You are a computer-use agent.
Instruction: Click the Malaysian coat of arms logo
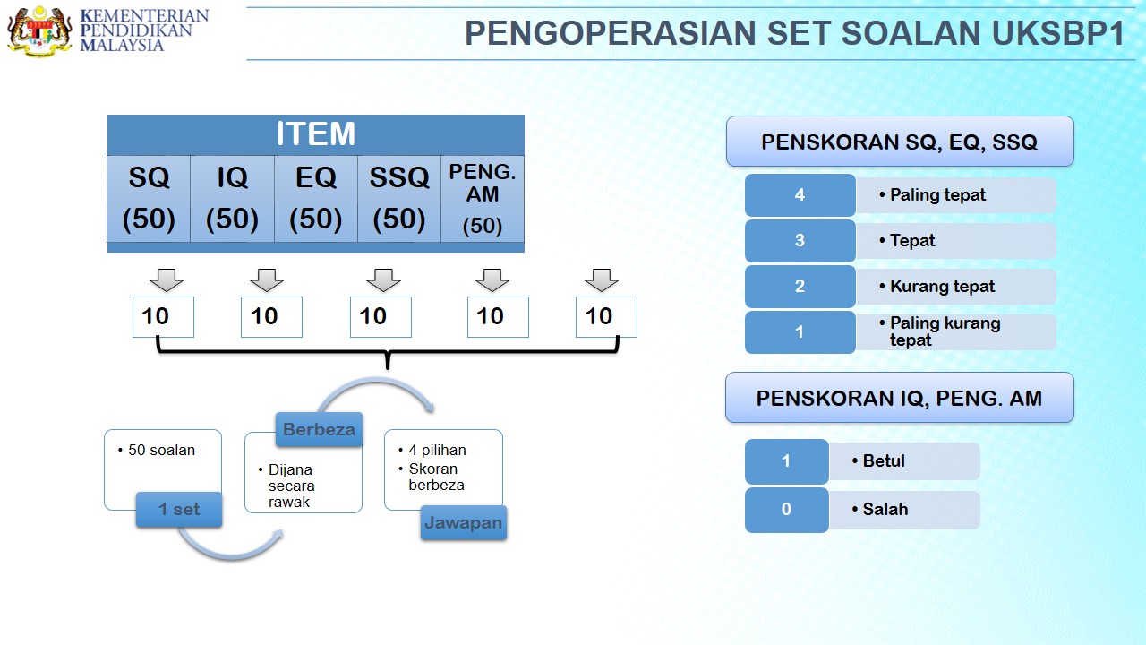39,30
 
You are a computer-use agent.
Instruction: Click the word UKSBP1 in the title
1058,33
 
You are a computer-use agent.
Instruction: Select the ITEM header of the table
316,134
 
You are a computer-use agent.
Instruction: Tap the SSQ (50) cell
399,199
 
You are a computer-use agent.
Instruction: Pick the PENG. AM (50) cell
483,199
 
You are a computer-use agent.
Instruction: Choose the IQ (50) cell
232,199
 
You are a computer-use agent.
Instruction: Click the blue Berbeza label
320,429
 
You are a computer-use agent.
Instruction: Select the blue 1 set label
179,510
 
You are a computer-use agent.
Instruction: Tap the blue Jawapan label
464,522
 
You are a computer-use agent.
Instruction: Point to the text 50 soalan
161,450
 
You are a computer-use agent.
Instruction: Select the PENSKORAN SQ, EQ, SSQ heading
900,142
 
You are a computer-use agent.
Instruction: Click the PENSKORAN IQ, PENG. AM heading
900,398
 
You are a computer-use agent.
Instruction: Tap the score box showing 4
800,195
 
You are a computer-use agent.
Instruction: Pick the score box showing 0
786,510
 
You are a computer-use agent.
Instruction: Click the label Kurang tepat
942,286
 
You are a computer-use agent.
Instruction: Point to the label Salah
885,510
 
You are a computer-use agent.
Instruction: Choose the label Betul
884,460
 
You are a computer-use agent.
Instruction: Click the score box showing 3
800,241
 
